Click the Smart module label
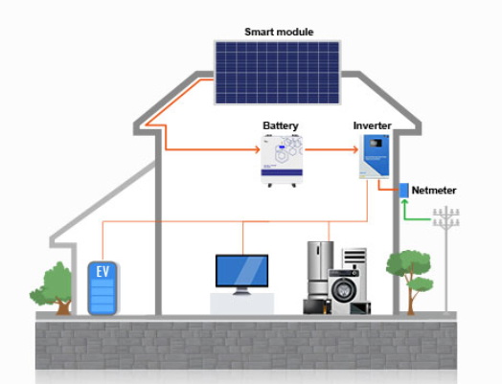[x=279, y=32]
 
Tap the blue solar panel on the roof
[x=277, y=73]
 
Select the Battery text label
[x=281, y=125]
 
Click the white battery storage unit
[x=282, y=159]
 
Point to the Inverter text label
[x=372, y=125]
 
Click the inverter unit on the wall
[x=373, y=157]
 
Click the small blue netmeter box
[x=404, y=190]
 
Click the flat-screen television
[x=241, y=272]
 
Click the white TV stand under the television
[x=241, y=304]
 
